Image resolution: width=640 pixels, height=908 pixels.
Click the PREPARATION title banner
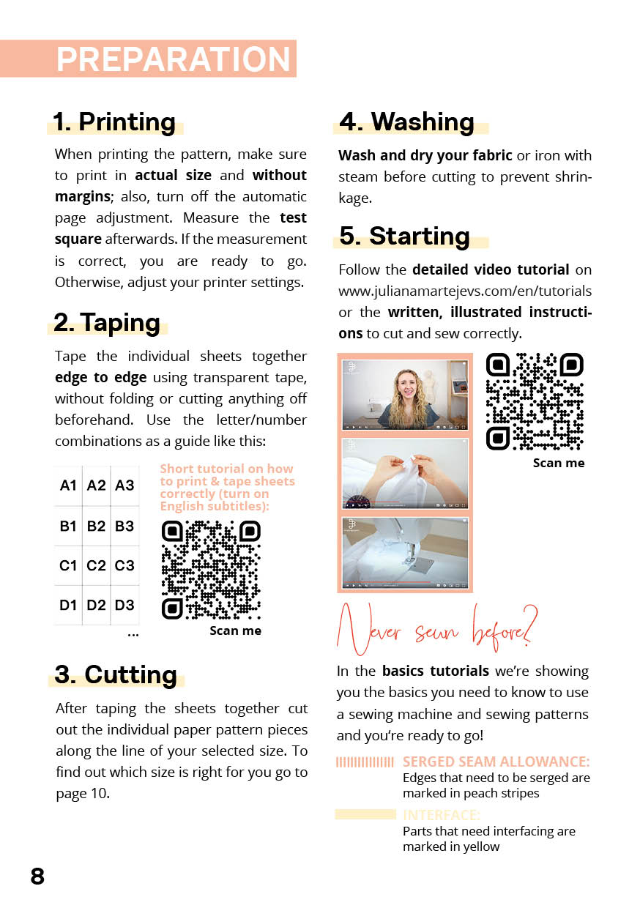174,59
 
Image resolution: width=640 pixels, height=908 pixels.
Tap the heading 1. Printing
114,122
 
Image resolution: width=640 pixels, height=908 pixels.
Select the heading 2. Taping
107,322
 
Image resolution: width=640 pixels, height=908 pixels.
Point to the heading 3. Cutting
116,674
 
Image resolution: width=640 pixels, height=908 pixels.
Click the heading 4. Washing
407,122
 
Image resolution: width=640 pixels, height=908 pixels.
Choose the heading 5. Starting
404,236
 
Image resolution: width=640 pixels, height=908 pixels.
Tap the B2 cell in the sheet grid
96,526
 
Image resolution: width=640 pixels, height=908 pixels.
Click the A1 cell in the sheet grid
68,485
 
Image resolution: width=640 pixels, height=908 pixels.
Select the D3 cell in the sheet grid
124,605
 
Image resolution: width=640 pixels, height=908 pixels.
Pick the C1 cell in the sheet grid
68,565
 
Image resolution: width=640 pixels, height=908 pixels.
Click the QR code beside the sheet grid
210,569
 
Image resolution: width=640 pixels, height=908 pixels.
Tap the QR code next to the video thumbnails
535,401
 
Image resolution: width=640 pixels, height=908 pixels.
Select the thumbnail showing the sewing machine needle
404,552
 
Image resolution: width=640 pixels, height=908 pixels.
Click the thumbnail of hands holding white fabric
404,473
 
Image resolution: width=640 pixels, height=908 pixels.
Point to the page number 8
37,876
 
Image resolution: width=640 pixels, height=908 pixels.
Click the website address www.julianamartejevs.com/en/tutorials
464,291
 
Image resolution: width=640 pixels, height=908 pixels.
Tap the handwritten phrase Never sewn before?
436,629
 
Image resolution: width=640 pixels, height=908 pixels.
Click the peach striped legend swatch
365,762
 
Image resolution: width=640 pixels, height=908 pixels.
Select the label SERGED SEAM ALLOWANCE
496,762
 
